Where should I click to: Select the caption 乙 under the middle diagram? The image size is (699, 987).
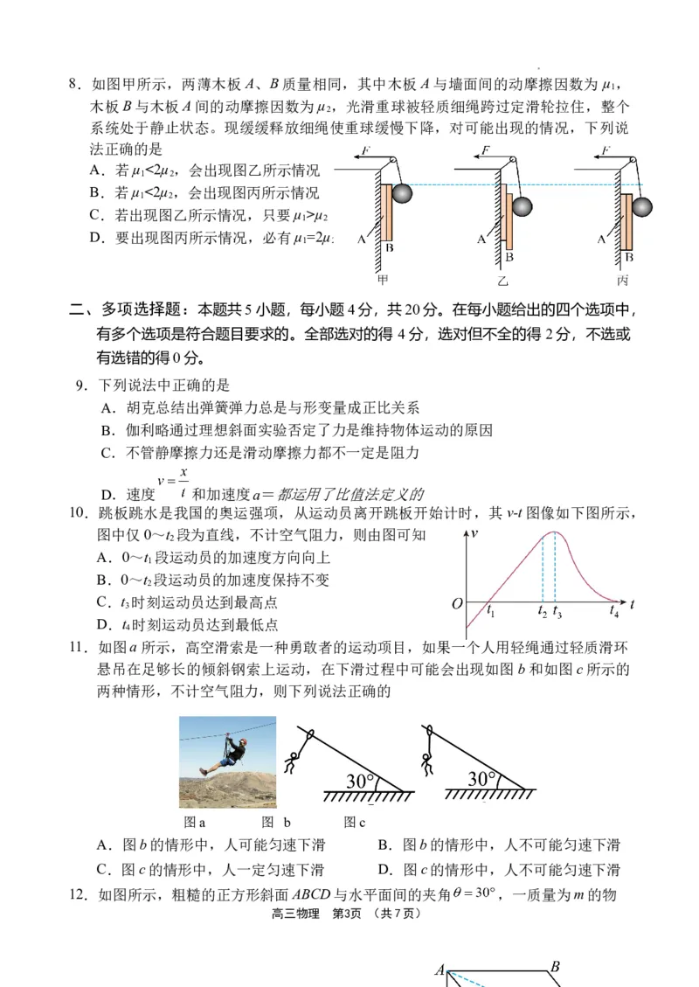503,281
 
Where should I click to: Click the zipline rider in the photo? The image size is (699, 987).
226,753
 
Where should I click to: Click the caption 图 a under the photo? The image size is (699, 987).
195,823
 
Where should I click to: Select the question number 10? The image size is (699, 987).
80,513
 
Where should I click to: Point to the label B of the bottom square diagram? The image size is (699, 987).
554,967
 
